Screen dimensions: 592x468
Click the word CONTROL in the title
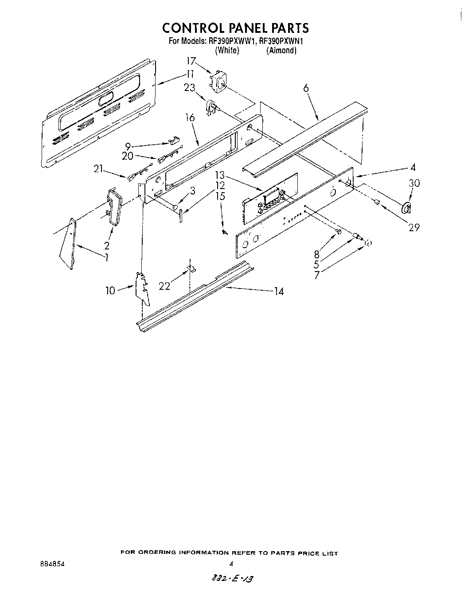tap(192, 28)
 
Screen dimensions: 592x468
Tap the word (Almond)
tap(281, 51)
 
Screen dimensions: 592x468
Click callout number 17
tap(191, 61)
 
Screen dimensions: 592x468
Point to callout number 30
tap(414, 183)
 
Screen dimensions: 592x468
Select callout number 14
tap(279, 292)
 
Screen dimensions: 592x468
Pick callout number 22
tap(164, 286)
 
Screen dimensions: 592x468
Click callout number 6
tap(306, 88)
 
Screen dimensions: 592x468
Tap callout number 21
tap(98, 168)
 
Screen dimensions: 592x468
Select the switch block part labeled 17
tap(219, 82)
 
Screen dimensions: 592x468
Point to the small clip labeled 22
tap(191, 268)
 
